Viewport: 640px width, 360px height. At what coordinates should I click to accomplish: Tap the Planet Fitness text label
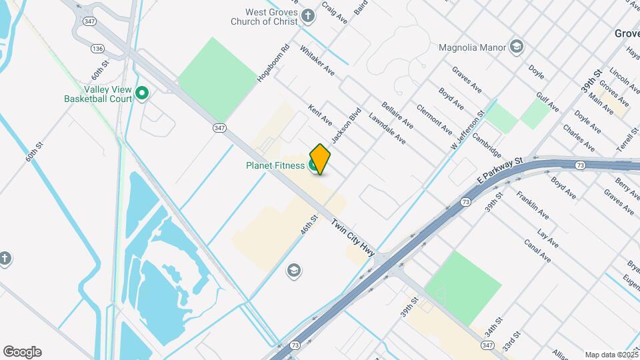tap(275, 165)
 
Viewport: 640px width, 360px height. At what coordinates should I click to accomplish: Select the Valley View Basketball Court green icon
tap(141, 94)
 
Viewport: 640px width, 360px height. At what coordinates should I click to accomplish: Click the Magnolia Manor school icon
tap(516, 47)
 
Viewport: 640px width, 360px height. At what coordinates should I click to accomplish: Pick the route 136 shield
tap(98, 49)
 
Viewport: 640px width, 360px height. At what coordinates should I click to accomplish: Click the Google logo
tap(22, 352)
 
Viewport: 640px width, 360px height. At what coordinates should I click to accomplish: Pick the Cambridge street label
tap(486, 145)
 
